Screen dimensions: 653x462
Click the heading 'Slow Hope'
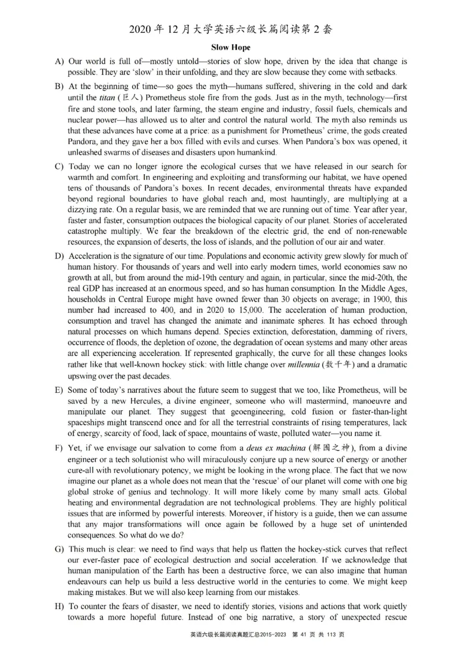[x=230, y=47]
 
